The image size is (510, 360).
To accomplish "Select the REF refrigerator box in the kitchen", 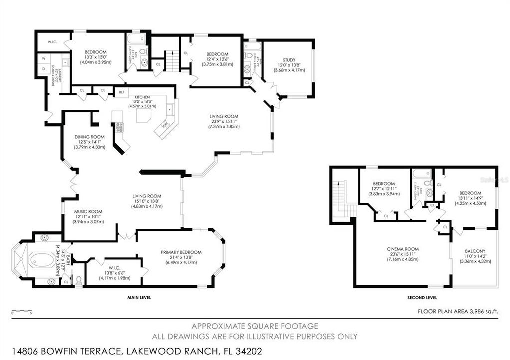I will click(121, 92).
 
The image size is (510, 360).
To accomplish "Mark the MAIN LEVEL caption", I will click(139, 298).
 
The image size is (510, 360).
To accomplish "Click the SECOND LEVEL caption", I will click(422, 298).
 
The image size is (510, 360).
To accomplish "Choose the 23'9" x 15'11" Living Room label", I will click(224, 121).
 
